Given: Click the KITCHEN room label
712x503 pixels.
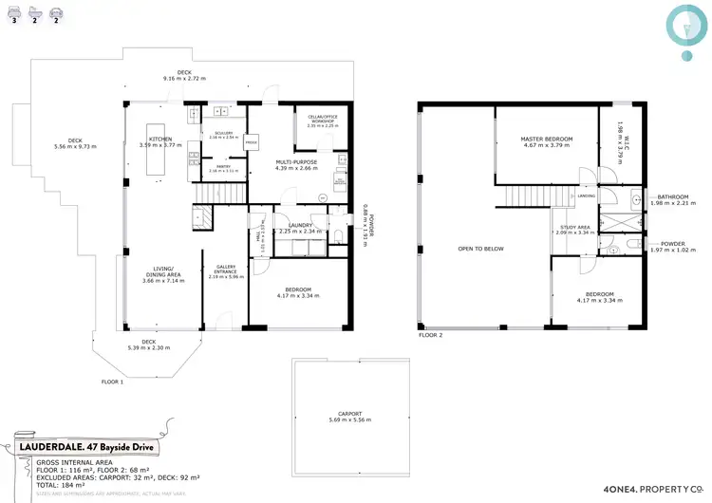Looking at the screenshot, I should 160,140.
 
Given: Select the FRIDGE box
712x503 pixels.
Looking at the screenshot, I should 252,143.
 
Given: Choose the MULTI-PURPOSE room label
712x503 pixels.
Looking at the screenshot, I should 296,162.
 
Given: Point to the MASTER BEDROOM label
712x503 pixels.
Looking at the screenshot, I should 546,140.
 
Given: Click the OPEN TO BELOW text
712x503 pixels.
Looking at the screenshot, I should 480,250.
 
